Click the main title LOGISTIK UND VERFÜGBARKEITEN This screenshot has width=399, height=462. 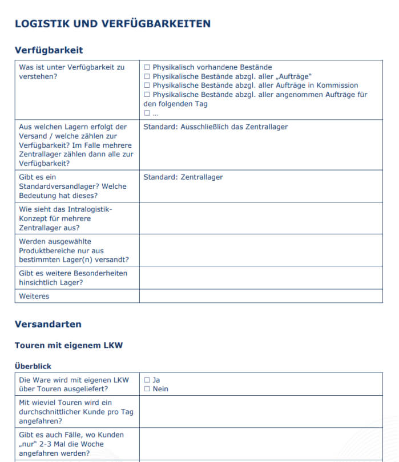point(112,24)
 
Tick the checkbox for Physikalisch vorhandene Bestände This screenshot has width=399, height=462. point(147,67)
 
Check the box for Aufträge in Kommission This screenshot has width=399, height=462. point(147,86)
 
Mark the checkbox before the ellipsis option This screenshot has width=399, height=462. point(147,113)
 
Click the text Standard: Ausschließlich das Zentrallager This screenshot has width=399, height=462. point(215,127)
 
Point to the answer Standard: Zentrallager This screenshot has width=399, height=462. point(183,177)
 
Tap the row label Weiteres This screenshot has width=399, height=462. point(34,296)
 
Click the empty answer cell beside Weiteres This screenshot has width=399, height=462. point(260,296)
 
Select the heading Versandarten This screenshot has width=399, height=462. point(48,325)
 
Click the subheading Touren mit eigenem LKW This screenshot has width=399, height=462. point(68,345)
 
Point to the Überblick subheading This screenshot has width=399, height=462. point(33,366)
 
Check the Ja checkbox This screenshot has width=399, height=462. point(147,380)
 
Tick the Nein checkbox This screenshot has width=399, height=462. point(147,389)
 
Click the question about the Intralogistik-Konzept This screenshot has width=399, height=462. point(65,218)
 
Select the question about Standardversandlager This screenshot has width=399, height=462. point(72,186)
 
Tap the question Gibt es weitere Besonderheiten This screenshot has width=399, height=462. point(73,278)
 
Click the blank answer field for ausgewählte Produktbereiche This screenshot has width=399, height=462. point(260,250)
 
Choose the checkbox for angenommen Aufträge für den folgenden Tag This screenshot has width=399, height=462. point(147,95)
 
